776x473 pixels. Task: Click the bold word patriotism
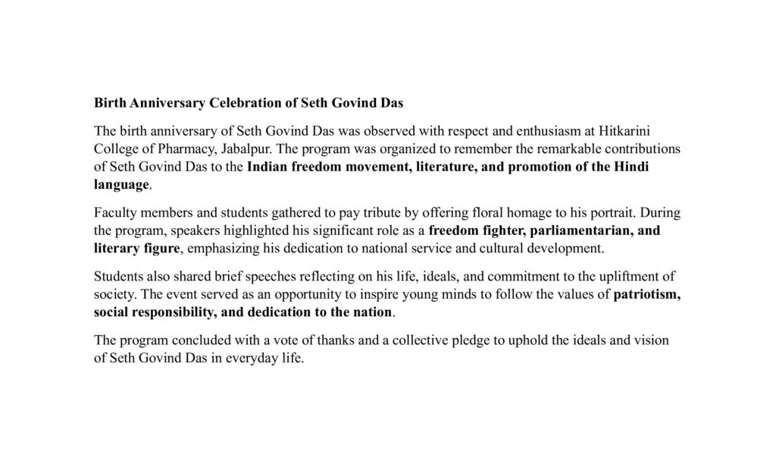coord(646,295)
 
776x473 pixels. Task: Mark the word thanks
coord(356,341)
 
